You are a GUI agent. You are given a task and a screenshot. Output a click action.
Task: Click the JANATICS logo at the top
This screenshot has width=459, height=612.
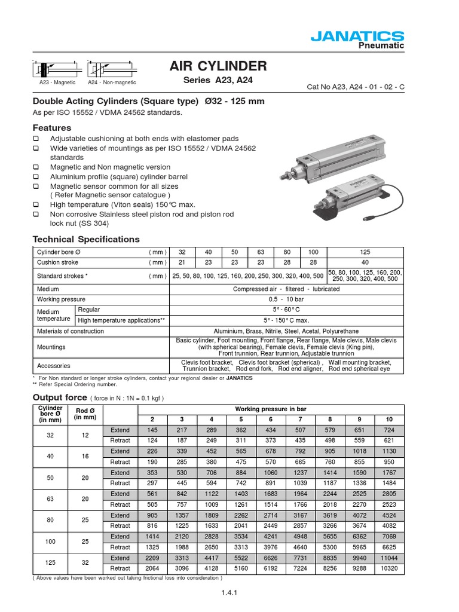pyautogui.click(x=357, y=36)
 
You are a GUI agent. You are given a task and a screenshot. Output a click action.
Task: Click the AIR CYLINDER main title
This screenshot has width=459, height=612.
pyautogui.click(x=218, y=66)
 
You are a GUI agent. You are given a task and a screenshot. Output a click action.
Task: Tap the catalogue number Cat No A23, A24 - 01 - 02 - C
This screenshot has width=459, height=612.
pyautogui.click(x=355, y=87)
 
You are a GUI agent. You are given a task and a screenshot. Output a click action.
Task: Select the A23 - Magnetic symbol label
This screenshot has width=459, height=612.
pyautogui.click(x=57, y=82)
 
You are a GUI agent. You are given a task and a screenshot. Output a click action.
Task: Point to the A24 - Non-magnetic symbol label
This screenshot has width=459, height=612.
pyautogui.click(x=112, y=82)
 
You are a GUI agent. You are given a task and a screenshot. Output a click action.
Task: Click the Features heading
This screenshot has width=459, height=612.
pyautogui.click(x=51, y=128)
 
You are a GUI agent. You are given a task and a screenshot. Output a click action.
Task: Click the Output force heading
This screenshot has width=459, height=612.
pyautogui.click(x=60, y=397)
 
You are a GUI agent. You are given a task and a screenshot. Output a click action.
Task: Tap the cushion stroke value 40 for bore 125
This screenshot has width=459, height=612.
pyautogui.click(x=365, y=263)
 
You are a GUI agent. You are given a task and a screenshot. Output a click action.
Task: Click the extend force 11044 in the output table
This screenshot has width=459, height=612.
pyautogui.click(x=389, y=558)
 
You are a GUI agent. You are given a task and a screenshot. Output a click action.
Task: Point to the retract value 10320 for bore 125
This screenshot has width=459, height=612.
pyautogui.click(x=389, y=569)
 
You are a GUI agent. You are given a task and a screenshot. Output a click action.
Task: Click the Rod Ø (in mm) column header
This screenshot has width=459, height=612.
pyautogui.click(x=81, y=413)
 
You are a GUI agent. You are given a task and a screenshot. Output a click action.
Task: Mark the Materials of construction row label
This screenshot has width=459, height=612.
pyautogui.click(x=71, y=331)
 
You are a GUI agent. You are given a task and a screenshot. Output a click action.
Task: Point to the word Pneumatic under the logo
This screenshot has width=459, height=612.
pyautogui.click(x=381, y=46)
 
